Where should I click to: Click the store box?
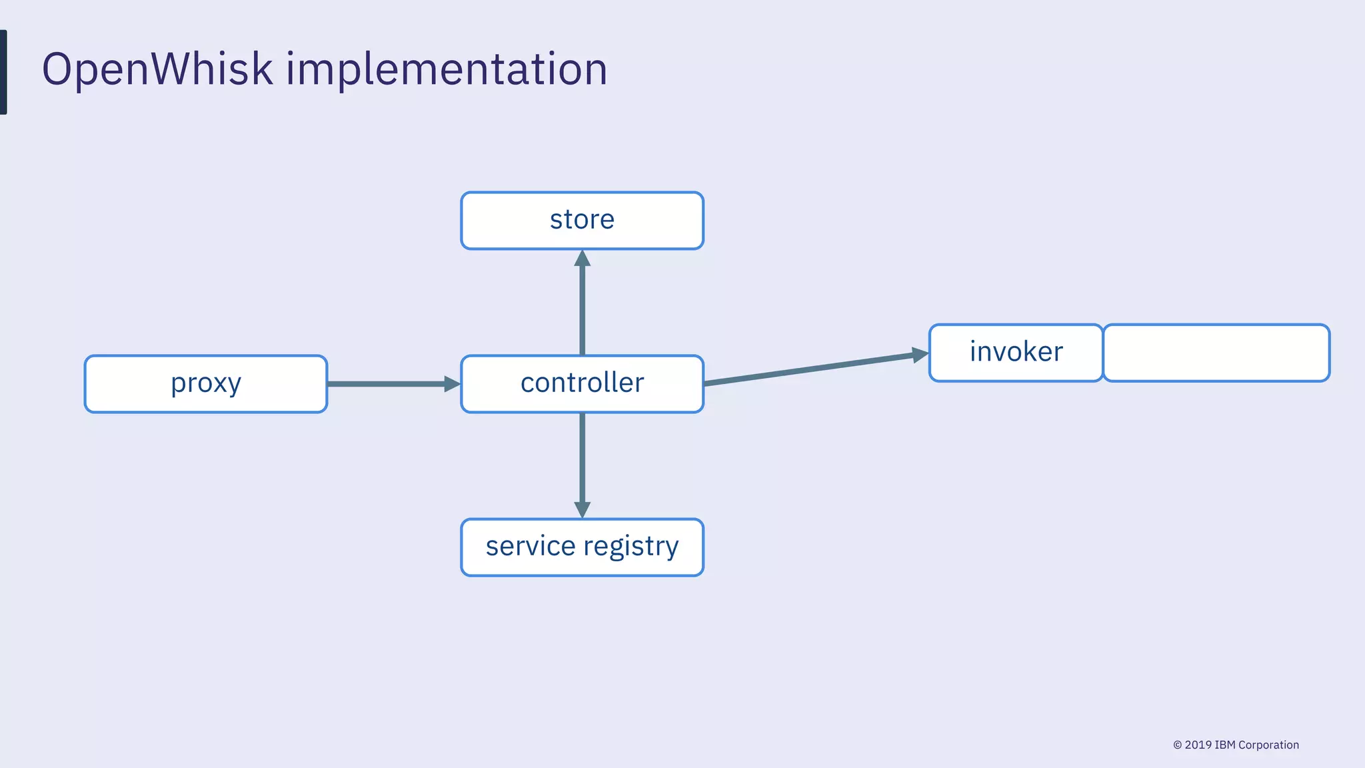point(582,221)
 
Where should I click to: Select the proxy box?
point(205,384)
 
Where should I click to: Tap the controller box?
point(582,384)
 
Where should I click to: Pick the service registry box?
point(582,547)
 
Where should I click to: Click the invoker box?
point(1016,353)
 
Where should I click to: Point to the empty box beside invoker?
point(1216,353)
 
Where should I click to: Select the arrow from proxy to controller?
point(387,384)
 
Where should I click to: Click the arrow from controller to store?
point(582,307)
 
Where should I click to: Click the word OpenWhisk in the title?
point(157,69)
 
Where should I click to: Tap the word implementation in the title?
point(447,69)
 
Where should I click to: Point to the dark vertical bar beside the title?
point(3,72)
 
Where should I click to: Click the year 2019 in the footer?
point(1198,745)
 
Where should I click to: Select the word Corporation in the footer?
point(1268,745)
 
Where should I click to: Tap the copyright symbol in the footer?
point(1177,745)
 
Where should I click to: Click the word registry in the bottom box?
point(631,547)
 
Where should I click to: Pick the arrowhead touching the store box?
point(582,259)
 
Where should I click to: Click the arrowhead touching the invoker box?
point(920,355)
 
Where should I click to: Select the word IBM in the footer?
point(1225,745)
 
